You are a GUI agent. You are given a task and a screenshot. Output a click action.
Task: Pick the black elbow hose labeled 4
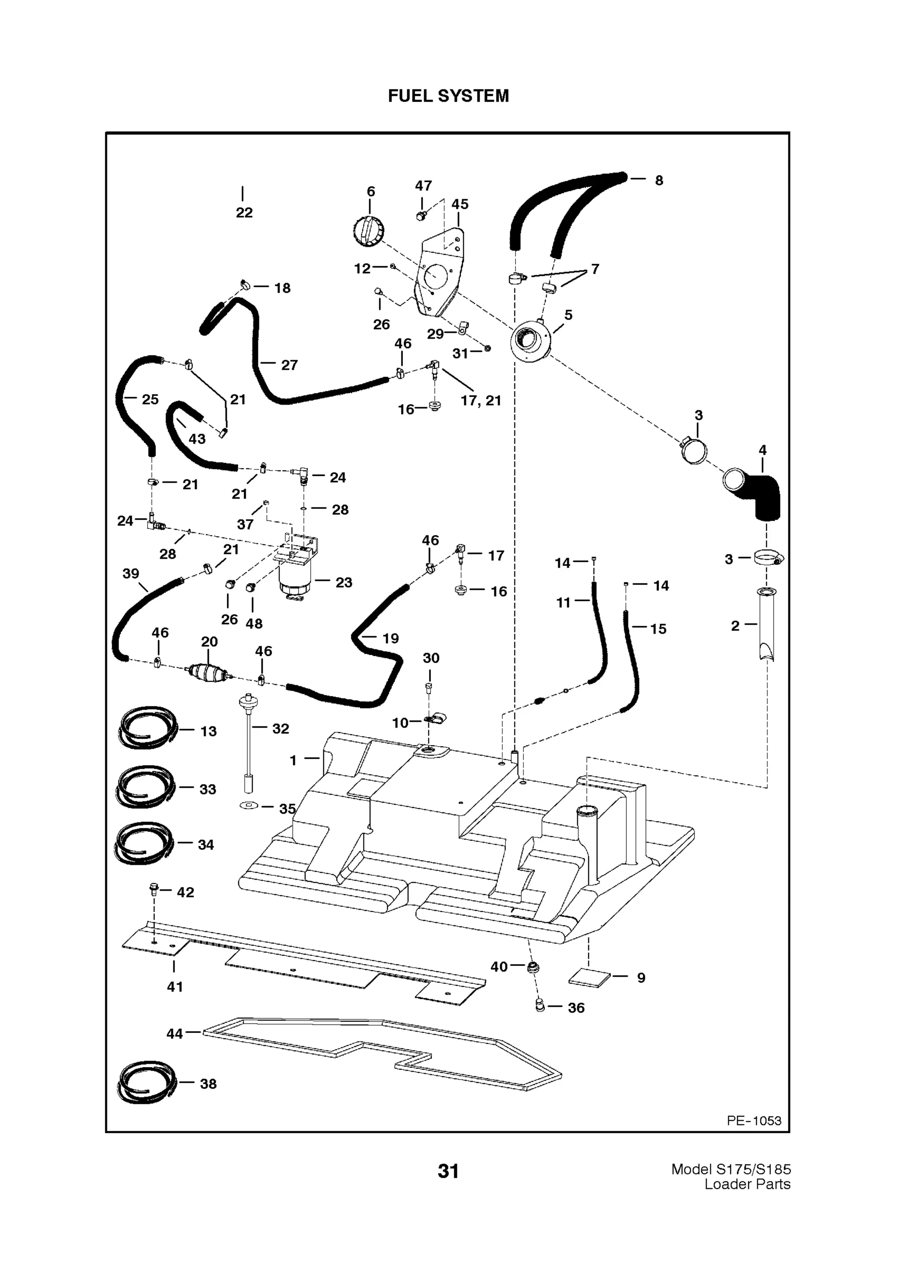point(762,496)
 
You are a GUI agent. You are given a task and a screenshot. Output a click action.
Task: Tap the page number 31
point(448,1170)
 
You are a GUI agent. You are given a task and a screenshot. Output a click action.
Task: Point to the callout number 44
point(175,1033)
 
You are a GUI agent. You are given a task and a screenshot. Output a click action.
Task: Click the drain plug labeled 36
point(540,1005)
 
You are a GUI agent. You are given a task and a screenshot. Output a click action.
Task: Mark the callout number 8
point(659,180)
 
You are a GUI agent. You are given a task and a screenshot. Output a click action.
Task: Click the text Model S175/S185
point(731,1170)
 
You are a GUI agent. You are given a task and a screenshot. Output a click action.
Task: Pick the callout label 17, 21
point(481,401)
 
